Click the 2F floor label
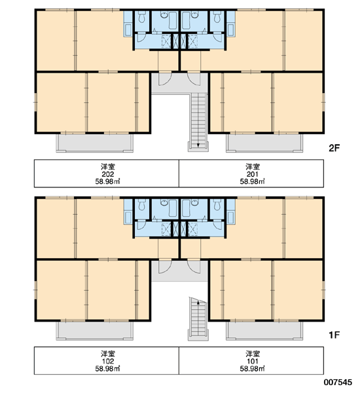334,148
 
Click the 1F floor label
334,335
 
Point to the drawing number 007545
338,383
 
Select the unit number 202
108,174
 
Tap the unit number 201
252,174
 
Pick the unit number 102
108,362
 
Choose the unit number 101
252,362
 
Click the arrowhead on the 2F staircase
198,145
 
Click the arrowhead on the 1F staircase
198,302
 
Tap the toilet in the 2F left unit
142,17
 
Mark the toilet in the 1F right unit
217,204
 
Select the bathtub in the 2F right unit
186,20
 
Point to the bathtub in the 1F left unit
173,208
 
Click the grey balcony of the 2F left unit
95,143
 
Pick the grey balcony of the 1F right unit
264,330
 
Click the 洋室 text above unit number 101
253,354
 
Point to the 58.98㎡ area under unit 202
108,181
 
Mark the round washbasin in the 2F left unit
164,15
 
